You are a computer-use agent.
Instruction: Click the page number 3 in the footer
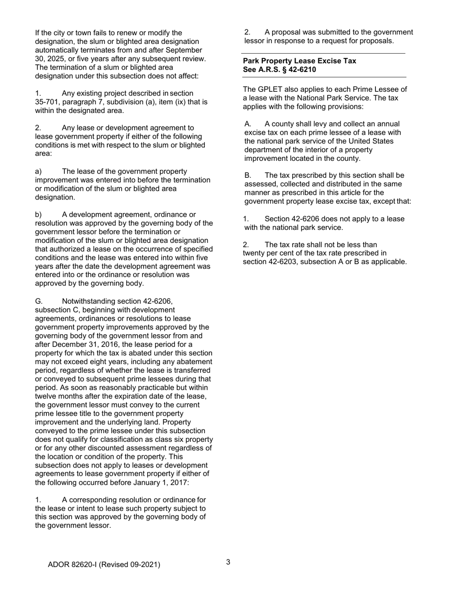tap(228, 562)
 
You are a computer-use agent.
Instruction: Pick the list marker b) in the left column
tap(39, 214)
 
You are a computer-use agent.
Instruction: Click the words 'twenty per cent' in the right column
tap(267, 253)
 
